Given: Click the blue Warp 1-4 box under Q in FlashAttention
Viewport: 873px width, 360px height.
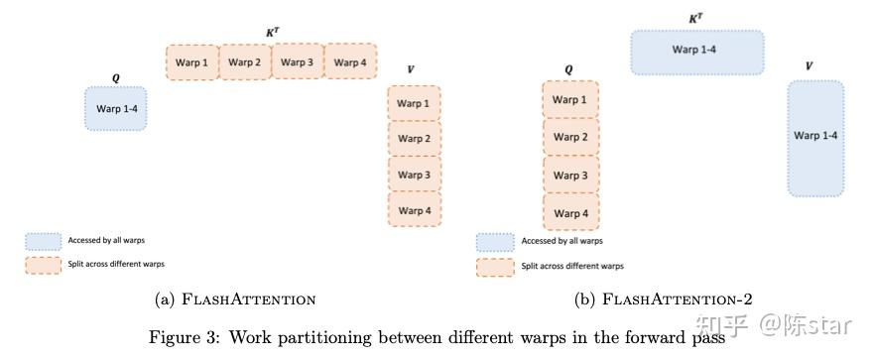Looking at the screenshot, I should click(x=115, y=108).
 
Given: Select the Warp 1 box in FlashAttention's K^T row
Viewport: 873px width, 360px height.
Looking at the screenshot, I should click(x=191, y=62).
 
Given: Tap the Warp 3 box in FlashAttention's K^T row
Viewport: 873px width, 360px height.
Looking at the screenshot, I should click(x=297, y=61).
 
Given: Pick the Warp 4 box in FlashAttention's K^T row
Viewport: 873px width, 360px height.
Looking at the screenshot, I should click(x=349, y=62).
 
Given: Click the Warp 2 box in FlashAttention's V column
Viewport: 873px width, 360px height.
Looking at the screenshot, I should click(x=414, y=139).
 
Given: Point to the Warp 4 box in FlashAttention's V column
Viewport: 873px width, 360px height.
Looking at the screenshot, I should click(x=414, y=209).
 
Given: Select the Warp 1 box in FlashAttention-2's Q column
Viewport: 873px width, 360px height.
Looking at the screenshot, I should click(x=569, y=100).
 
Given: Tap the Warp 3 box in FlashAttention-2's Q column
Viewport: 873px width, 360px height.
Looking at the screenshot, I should click(x=569, y=176).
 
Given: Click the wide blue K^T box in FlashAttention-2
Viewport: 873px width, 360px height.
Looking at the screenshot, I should click(x=697, y=52).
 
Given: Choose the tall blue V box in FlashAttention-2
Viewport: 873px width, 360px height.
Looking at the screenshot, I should click(x=815, y=137).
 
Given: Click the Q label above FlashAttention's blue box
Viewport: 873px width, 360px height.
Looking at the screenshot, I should click(x=115, y=75).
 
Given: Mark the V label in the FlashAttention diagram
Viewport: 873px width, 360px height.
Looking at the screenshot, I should click(x=411, y=69).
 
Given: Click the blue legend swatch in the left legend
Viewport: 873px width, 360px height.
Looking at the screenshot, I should click(x=44, y=241).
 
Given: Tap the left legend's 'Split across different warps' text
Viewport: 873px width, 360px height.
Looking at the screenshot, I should click(x=116, y=265).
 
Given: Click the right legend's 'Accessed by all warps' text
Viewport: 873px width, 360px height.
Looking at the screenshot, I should click(x=561, y=241).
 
